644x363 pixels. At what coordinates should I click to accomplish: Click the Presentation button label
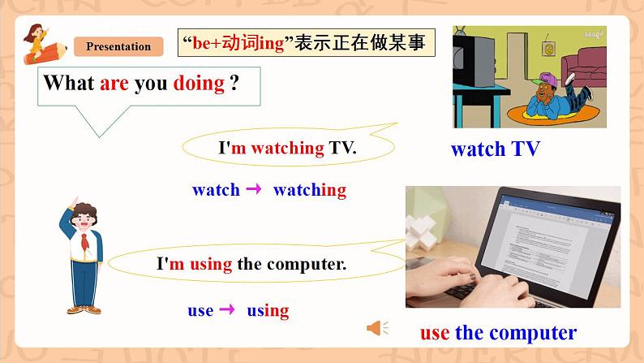[x=118, y=46]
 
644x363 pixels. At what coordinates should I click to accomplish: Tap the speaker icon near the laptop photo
[x=376, y=328]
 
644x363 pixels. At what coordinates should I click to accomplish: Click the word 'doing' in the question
[x=199, y=83]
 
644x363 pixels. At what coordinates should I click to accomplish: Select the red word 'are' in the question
[x=114, y=83]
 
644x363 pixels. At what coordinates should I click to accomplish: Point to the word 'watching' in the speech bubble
[x=288, y=148]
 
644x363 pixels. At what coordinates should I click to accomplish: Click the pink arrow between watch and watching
[x=253, y=189]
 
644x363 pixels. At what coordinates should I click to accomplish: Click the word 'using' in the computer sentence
[x=213, y=263]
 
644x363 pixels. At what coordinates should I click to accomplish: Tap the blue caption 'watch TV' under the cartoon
[x=495, y=149]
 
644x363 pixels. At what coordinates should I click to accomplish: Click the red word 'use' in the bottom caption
[x=435, y=332]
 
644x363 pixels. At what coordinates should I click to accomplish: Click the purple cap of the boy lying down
[x=545, y=79]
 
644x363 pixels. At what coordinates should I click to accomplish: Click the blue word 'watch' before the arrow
[x=216, y=190]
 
